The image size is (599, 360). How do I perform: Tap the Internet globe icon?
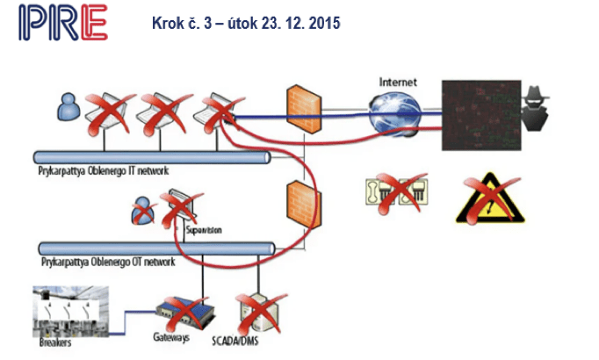click(x=394, y=112)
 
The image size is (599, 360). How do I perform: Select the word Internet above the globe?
click(x=398, y=83)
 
